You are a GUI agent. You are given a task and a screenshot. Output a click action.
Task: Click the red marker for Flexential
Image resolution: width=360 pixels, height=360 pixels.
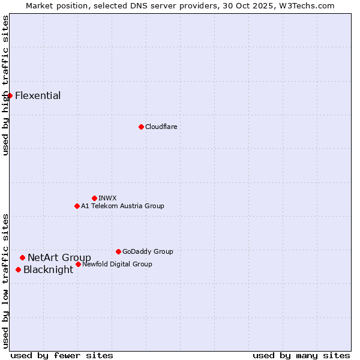10,95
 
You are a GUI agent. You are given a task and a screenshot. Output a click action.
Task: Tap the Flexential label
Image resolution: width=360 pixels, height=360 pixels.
38,96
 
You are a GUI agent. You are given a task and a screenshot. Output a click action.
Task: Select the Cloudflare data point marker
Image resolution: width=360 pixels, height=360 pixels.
141,127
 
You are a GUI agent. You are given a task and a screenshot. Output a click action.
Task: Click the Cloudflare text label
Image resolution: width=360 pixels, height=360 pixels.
161,127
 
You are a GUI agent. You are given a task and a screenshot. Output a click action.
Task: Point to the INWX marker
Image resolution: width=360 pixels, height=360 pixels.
94,198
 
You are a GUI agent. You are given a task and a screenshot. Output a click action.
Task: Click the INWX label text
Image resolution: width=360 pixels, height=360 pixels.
107,198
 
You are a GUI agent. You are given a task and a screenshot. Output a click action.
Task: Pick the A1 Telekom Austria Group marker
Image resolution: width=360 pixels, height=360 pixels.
77,206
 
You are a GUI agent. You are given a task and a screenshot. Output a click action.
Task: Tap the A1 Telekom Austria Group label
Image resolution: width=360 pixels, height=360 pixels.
122,206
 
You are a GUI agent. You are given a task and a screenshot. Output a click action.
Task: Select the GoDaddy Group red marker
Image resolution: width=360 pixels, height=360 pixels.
118,251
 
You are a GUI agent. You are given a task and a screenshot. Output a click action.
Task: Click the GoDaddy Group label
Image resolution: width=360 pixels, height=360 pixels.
148,251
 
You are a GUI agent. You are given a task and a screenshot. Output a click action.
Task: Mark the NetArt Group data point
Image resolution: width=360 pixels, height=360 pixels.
22,257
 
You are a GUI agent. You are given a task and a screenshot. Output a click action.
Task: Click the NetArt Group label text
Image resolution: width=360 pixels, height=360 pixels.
59,258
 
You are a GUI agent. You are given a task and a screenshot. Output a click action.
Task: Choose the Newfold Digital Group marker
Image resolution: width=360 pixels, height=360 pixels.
78,264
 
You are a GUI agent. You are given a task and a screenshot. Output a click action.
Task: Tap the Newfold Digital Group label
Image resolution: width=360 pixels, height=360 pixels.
117,264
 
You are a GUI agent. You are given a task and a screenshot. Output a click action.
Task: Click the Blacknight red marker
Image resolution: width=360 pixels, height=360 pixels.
18,269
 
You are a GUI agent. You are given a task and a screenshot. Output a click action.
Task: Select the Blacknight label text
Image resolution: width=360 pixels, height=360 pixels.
48,270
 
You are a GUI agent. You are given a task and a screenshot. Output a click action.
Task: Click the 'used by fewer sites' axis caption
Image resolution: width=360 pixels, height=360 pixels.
62,355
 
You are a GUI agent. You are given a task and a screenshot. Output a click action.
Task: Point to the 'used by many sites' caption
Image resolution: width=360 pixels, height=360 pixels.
301,355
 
